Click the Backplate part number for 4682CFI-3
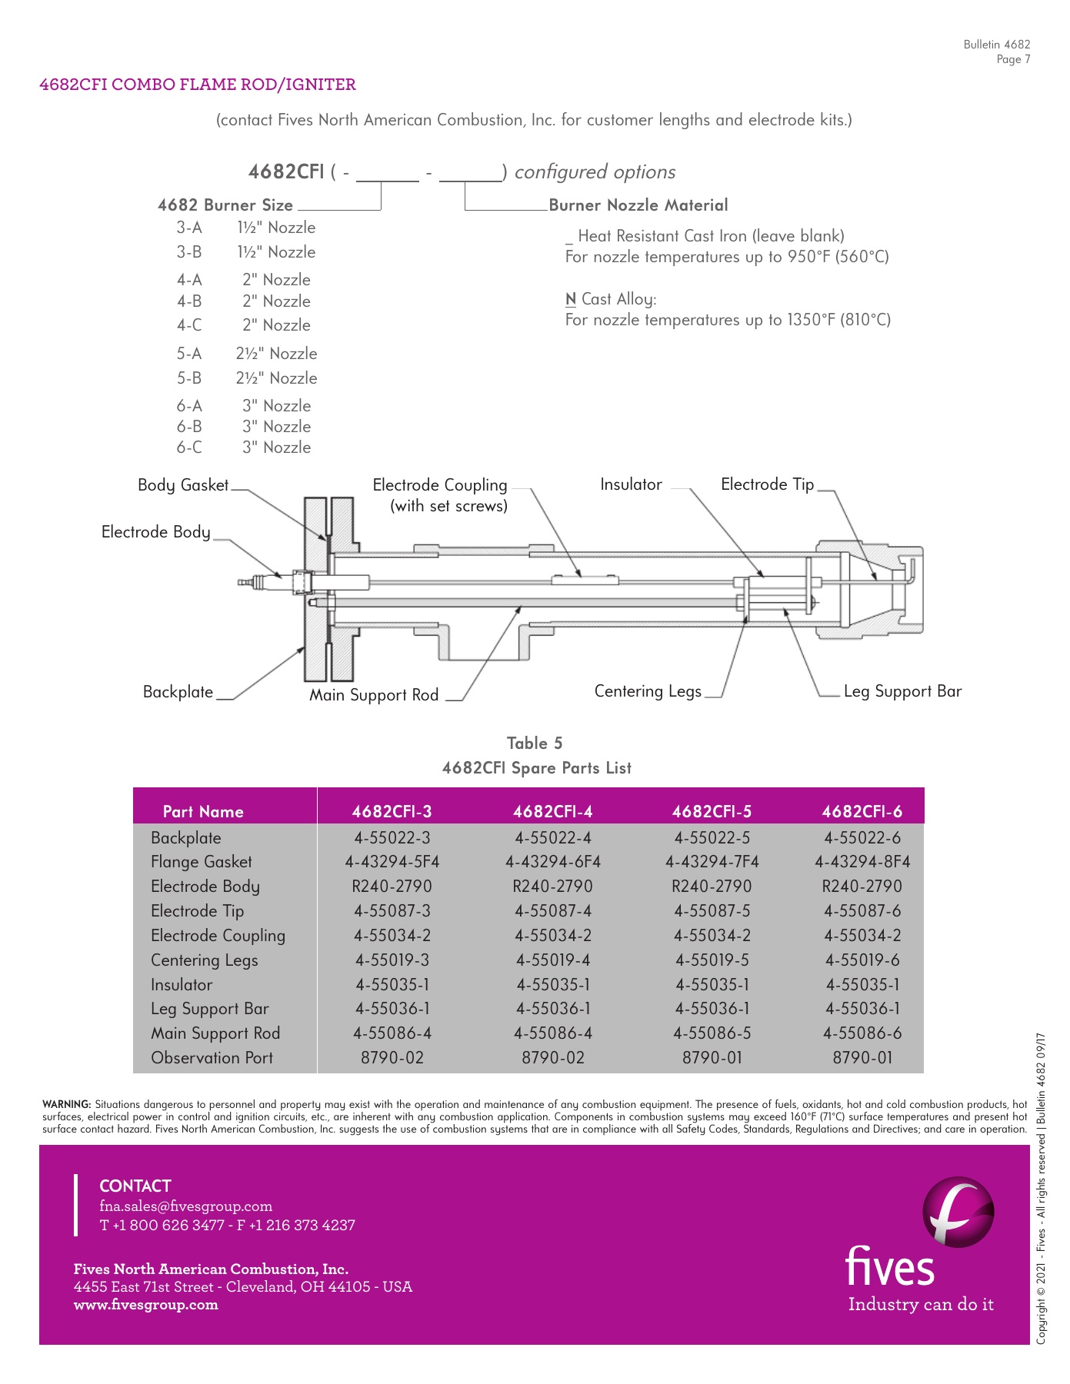(392, 837)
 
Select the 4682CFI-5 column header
(712, 811)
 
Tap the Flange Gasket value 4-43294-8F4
(862, 862)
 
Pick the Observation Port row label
(212, 1058)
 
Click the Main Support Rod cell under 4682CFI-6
(862, 1033)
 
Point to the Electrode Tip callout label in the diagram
(767, 484)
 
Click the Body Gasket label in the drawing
(183, 485)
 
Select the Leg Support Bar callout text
(902, 691)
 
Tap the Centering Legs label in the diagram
(648, 691)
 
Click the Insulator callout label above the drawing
(631, 484)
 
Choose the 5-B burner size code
(189, 378)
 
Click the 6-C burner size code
(189, 447)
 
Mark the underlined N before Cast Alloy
(571, 299)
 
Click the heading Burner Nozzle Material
(638, 205)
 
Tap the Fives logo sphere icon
(958, 1212)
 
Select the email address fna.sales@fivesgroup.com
(185, 1206)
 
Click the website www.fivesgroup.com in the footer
(146, 1305)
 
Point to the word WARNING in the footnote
(67, 1105)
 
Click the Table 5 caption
(535, 744)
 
